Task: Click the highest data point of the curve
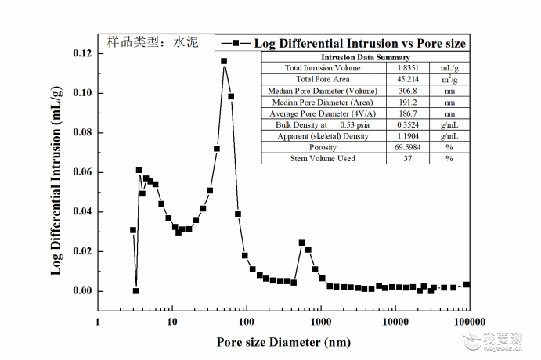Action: (224, 61)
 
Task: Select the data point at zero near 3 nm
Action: (136, 291)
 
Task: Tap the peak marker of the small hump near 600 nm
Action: (302, 243)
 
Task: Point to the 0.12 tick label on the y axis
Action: (82, 53)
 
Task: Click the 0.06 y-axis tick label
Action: (82, 172)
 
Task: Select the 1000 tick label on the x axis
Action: (321, 322)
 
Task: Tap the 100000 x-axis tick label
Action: (470, 322)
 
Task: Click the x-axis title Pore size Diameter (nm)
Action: (283, 342)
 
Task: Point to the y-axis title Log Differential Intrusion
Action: (56, 181)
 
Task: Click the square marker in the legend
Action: (236, 43)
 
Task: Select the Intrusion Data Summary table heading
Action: (366, 57)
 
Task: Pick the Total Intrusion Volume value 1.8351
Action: (408, 68)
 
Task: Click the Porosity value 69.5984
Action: (408, 147)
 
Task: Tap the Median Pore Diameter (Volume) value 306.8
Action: (408, 91)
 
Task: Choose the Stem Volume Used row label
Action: (323, 158)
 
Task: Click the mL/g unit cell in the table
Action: (449, 68)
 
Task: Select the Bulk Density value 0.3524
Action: (408, 125)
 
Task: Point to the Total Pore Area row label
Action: (323, 79)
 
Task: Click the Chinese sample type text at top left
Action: (153, 42)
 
